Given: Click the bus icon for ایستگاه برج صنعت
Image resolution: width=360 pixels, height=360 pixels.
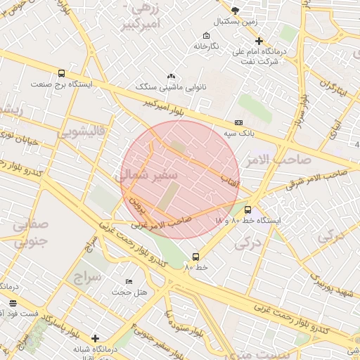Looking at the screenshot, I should tap(61, 73).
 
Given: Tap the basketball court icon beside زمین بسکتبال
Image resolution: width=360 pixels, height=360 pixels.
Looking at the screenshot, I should tap(234, 10).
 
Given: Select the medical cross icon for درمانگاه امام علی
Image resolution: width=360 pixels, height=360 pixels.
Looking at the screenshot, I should tap(259, 41).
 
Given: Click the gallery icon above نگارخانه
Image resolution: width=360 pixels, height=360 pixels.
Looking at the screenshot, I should tap(206, 35).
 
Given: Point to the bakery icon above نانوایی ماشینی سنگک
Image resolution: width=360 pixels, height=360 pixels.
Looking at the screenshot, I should tap(171, 77).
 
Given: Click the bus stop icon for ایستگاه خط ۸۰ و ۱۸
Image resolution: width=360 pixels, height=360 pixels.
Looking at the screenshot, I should tap(247, 209).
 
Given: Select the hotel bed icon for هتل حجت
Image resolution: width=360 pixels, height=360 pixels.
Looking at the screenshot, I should tap(128, 281).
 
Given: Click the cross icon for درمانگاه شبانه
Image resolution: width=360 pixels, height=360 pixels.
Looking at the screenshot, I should tap(96, 338).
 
